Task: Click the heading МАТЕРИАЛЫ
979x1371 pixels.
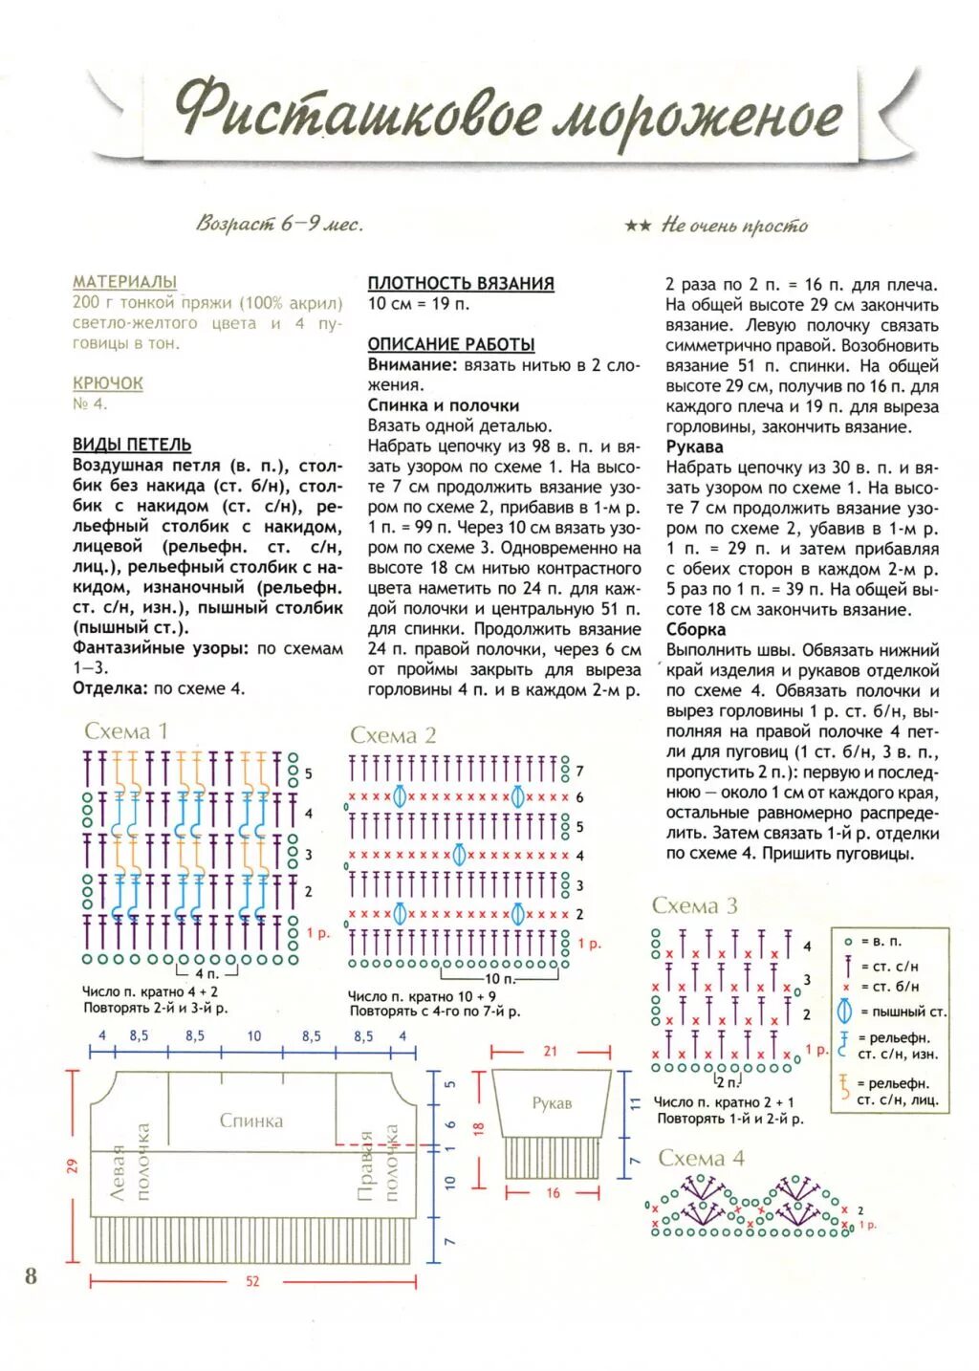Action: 124,282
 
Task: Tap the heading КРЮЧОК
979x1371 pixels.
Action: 108,383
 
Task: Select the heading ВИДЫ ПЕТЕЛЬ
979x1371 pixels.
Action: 132,445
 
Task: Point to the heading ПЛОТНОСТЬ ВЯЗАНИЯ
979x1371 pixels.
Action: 461,283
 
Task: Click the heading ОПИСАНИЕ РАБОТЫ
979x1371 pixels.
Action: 451,344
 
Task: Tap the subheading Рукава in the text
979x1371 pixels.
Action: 695,446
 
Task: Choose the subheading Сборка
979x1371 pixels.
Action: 696,629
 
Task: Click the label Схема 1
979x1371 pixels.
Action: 125,731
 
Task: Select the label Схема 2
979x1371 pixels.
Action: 393,735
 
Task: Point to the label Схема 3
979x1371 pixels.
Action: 695,905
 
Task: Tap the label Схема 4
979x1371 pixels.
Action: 702,1158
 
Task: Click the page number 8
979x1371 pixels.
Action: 31,1275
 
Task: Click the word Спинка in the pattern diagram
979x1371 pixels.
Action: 251,1121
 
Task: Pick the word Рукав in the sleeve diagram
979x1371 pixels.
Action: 552,1103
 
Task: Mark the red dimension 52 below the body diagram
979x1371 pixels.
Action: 252,1281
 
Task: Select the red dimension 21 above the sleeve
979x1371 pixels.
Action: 551,1051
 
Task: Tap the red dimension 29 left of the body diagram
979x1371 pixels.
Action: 72,1165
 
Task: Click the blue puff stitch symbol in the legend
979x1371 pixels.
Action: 844,1012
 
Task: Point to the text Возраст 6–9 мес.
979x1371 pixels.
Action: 279,225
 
